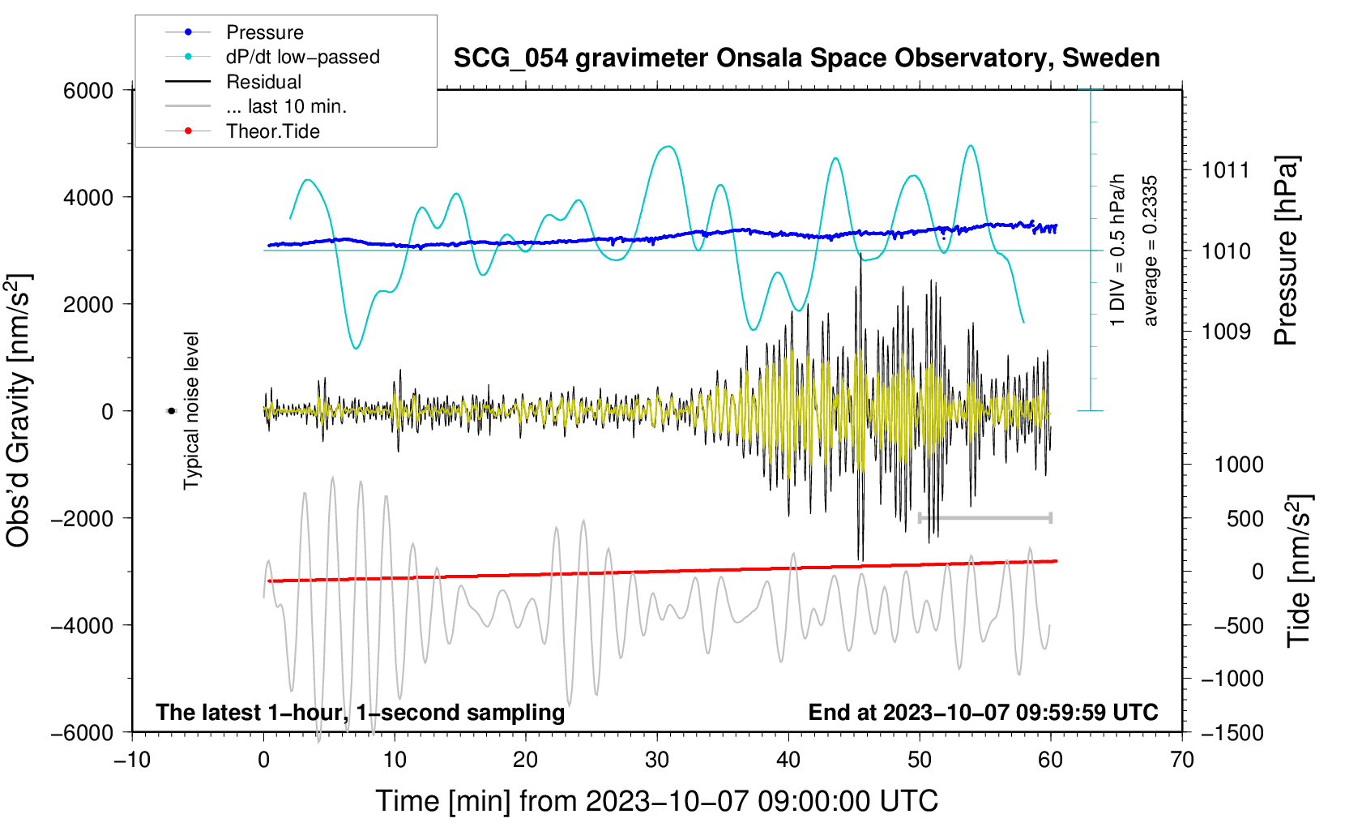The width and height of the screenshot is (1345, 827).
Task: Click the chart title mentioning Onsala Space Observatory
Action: (806, 58)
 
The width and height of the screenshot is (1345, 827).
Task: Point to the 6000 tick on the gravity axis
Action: (88, 91)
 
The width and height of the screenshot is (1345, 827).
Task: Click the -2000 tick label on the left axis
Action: (82, 518)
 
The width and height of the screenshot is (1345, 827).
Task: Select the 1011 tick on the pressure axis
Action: (1225, 171)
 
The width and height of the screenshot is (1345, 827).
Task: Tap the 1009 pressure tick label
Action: (1226, 331)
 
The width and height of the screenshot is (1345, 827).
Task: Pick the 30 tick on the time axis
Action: (657, 761)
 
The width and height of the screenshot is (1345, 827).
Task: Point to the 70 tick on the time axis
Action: (1181, 761)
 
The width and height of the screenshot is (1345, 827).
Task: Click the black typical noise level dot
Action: (172, 411)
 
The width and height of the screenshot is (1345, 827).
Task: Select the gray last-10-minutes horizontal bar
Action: (985, 518)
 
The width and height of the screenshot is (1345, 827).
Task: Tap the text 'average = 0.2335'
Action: (1151, 251)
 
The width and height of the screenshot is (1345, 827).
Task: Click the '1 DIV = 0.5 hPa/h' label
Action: (1117, 251)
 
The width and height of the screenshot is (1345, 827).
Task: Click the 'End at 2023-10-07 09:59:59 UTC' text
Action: (983, 712)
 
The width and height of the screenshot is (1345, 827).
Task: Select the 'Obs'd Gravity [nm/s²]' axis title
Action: (19, 411)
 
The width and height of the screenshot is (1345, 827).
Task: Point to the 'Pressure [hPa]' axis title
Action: (1286, 251)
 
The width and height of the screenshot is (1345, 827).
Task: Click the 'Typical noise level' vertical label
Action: (191, 411)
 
